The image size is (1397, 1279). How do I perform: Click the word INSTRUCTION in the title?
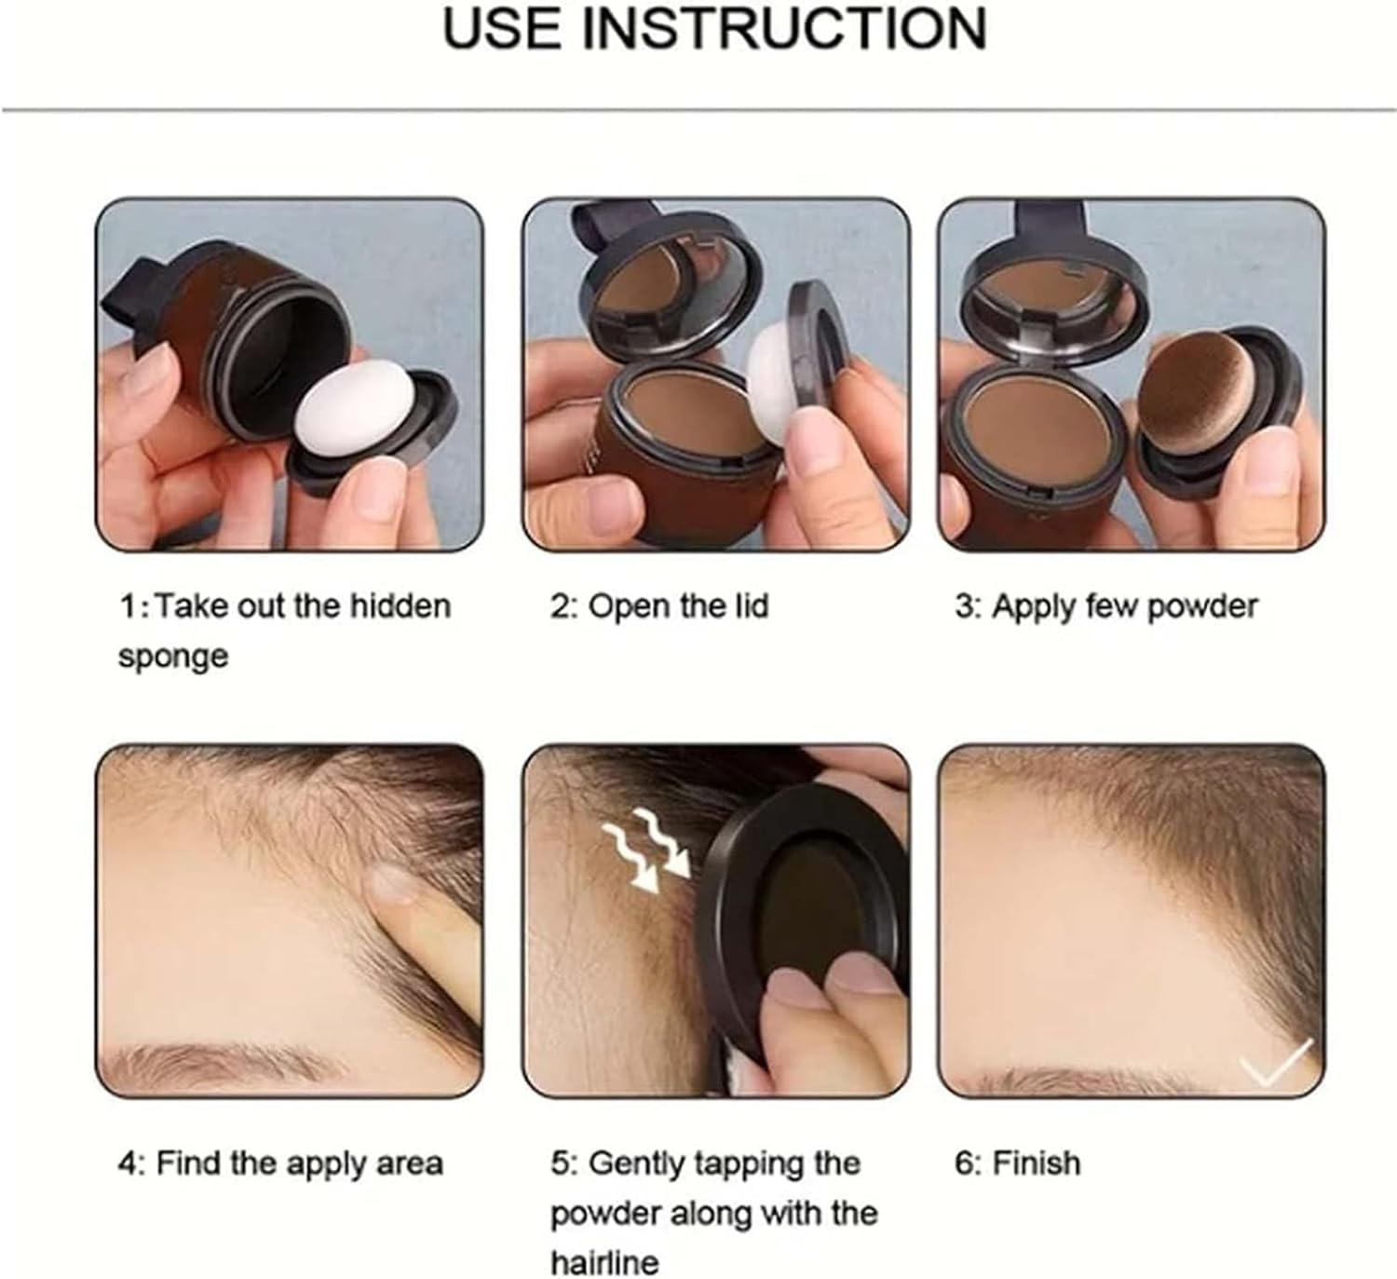coord(784,28)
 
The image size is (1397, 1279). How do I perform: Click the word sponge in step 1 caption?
coord(173,657)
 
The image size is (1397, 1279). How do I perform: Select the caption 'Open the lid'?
coord(659,606)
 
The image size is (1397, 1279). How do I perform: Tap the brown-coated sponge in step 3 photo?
coord(1198,400)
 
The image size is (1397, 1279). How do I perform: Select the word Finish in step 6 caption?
coord(1036,1163)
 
